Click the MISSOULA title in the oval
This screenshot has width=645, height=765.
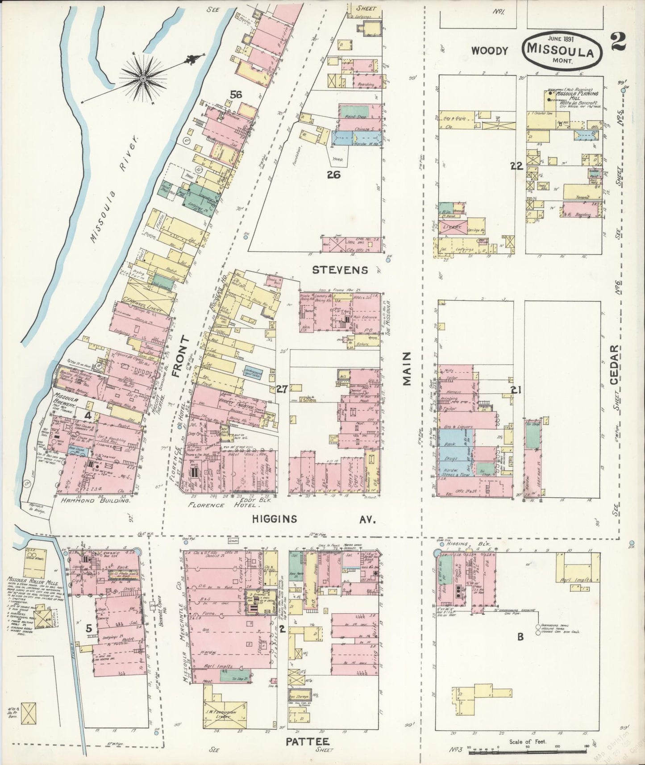(560, 52)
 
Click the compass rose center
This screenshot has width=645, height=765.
(143, 79)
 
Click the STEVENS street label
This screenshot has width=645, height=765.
(340, 270)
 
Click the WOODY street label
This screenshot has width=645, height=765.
(490, 51)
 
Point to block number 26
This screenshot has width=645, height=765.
(333, 175)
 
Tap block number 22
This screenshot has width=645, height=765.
(516, 166)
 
